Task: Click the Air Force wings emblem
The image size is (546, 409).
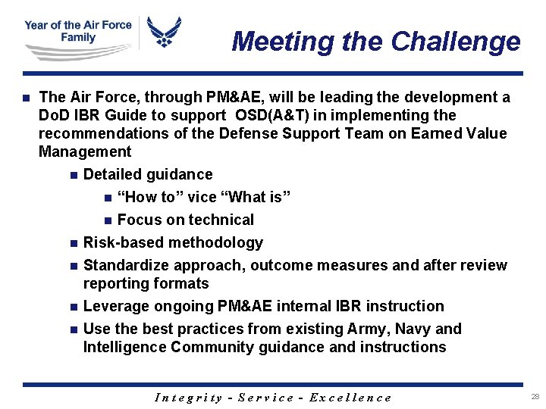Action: pyautogui.click(x=164, y=33)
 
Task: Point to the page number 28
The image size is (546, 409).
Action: pyautogui.click(x=535, y=397)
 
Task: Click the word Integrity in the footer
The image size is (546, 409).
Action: pyautogui.click(x=188, y=398)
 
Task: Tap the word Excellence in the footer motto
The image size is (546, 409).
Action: pyautogui.click(x=351, y=398)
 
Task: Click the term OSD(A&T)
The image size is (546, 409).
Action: pyautogui.click(x=272, y=116)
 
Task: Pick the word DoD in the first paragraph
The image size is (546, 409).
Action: pyautogui.click(x=53, y=116)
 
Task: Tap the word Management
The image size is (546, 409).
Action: pyautogui.click(x=85, y=151)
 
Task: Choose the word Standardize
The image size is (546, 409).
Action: pyautogui.click(x=126, y=265)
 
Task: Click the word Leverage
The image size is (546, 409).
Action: pyautogui.click(x=116, y=306)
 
